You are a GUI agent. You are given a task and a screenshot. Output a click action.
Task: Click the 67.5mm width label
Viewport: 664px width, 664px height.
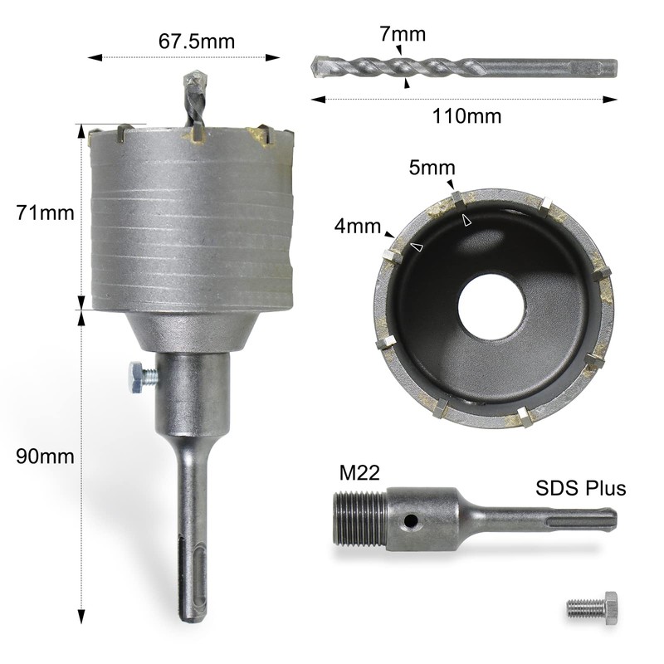tap(195, 41)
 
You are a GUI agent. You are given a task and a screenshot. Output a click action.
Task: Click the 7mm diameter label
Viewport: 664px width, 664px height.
tap(403, 34)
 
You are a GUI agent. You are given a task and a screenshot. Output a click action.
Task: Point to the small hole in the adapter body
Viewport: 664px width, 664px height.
tap(408, 522)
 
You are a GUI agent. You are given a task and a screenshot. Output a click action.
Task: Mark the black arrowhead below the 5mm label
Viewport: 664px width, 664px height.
tap(451, 184)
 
